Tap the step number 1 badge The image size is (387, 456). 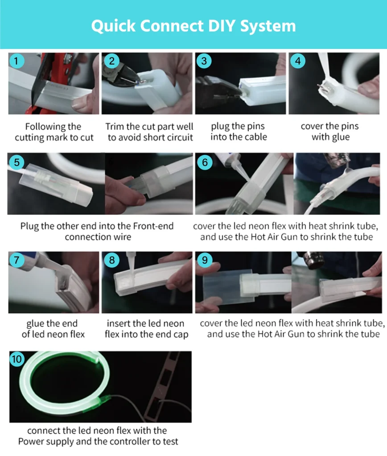click(16, 61)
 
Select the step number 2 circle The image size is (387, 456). click(111, 61)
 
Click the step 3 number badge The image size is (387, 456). click(204, 61)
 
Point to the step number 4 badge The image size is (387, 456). click(297, 61)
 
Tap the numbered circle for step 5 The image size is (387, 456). click(16, 162)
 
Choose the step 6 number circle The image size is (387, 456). click(205, 162)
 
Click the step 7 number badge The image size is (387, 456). click(16, 260)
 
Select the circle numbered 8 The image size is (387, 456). click(111, 260)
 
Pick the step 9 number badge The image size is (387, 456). click(205, 260)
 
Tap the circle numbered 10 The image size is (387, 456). click(17, 359)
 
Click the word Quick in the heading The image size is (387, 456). click(113, 26)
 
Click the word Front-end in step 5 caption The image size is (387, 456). click(153, 226)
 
